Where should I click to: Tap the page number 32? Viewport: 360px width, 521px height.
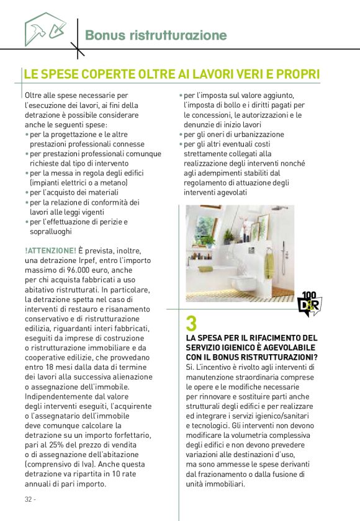[29, 499]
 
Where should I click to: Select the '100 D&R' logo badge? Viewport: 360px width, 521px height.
[309, 303]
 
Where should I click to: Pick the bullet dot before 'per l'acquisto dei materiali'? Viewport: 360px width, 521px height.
[27, 193]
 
